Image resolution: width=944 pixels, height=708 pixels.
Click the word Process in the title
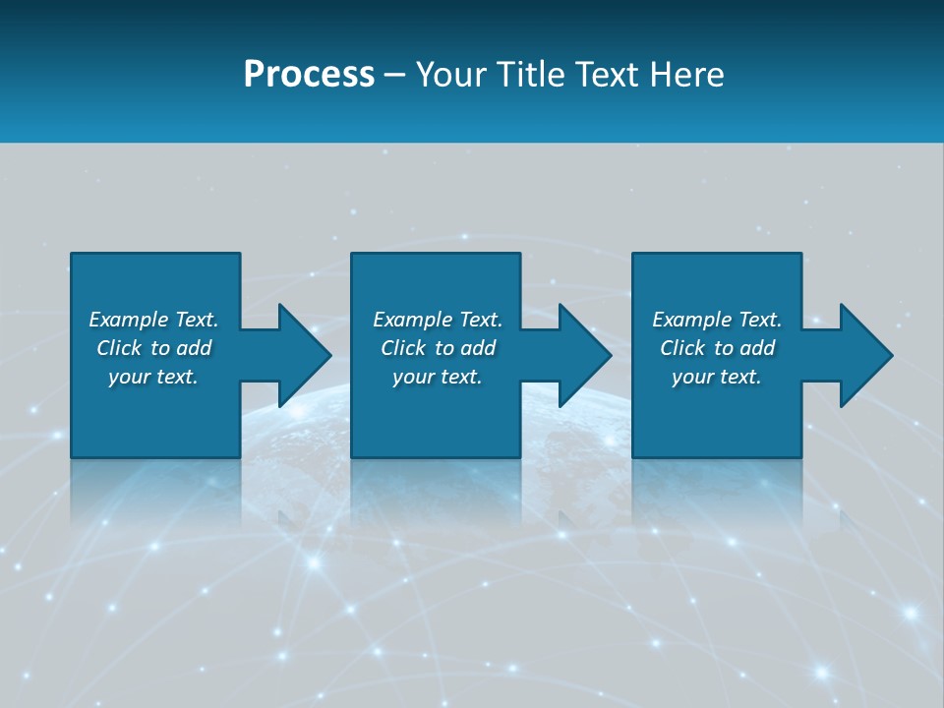pyautogui.click(x=309, y=75)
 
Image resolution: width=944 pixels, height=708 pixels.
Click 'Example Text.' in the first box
pyautogui.click(x=153, y=320)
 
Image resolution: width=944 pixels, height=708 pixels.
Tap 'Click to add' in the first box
pyautogui.click(x=153, y=348)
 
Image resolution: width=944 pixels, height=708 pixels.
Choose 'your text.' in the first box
pyautogui.click(x=153, y=377)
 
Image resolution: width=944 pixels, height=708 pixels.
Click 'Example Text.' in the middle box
pyautogui.click(x=437, y=320)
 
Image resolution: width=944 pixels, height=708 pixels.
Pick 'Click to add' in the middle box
pyautogui.click(x=437, y=348)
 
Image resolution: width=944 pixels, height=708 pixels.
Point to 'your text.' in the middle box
pyautogui.click(x=437, y=377)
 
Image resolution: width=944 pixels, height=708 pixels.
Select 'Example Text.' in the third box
pyautogui.click(x=717, y=320)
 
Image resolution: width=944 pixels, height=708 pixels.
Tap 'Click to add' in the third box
pyautogui.click(x=717, y=348)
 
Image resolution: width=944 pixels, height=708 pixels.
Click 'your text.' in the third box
pyautogui.click(x=717, y=377)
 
